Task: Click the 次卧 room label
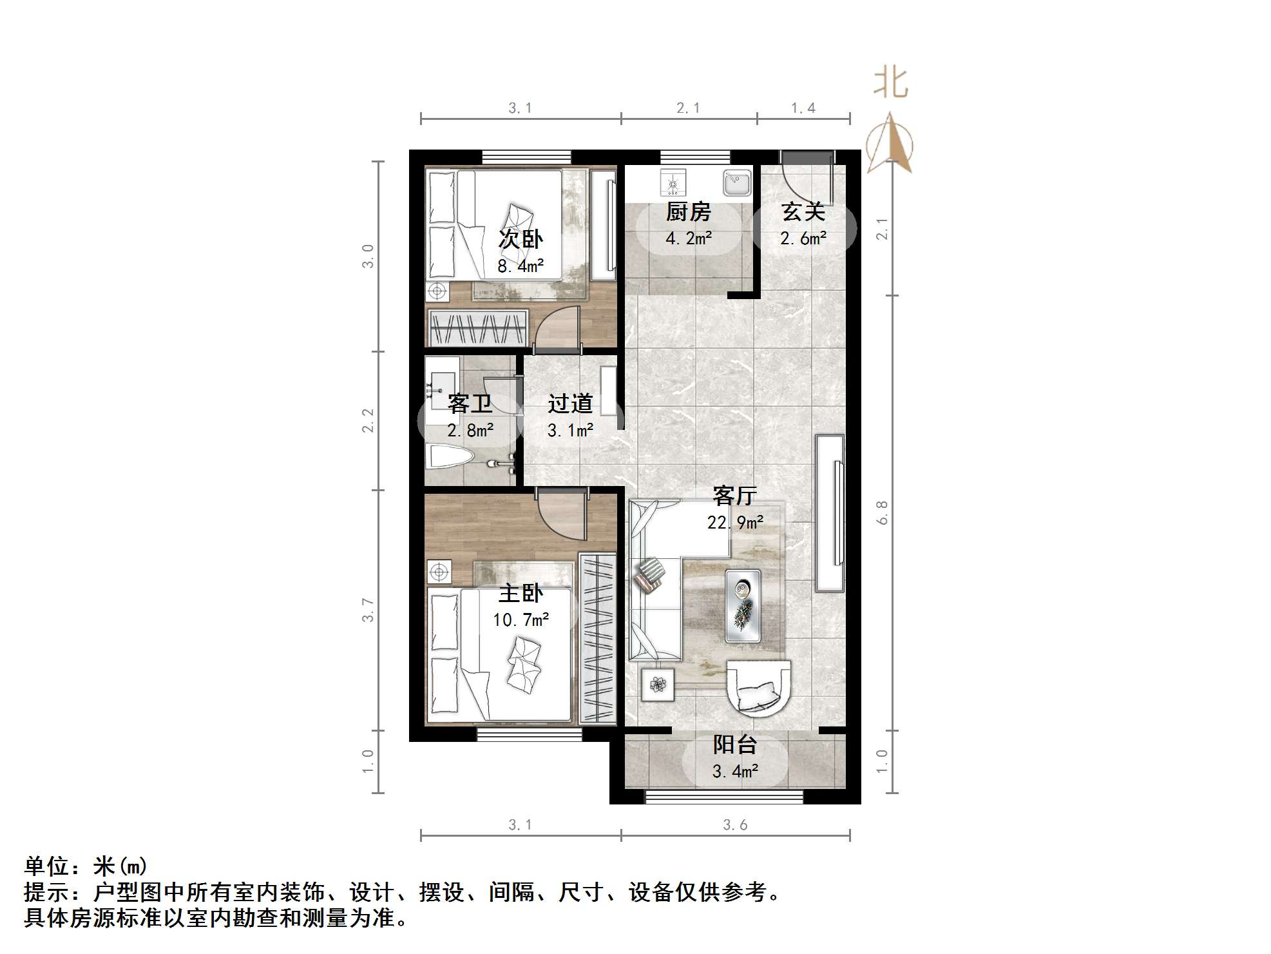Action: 521,239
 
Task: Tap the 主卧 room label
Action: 521,593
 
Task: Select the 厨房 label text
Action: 688,211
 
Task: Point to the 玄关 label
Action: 803,211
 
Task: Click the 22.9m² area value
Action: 735,522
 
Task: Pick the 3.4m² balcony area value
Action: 735,771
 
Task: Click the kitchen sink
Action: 737,182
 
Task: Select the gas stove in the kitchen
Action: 673,182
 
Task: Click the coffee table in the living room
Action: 743,606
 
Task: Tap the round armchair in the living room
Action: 758,687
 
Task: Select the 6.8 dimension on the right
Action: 882,512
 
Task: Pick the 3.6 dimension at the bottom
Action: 735,824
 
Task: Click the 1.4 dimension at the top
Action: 803,108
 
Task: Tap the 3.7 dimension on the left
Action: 368,610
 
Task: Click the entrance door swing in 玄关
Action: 803,177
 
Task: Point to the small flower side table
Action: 658,684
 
